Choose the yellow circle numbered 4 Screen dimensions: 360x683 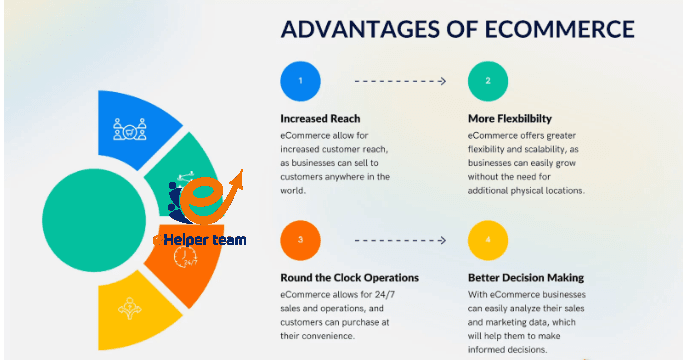tap(489, 240)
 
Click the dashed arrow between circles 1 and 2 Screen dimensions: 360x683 tap(400, 78)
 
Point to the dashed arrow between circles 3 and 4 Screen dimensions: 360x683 tap(400, 240)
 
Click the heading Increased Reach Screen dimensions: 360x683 tap(323, 118)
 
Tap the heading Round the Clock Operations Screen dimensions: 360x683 tap(349, 277)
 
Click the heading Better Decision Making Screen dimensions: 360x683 tap(525, 277)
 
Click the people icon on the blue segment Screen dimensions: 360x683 tap(129, 129)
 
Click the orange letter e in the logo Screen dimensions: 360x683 tap(206, 198)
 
